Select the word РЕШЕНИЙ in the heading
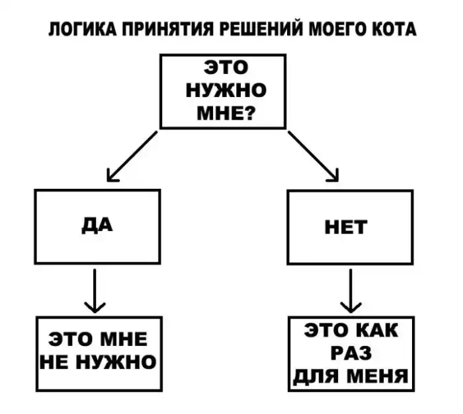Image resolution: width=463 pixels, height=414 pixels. pos(255,30)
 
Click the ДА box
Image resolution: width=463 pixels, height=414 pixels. pos(97,226)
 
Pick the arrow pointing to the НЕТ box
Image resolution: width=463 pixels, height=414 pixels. pos(314,156)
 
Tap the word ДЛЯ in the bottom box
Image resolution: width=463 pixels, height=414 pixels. pos(314,377)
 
